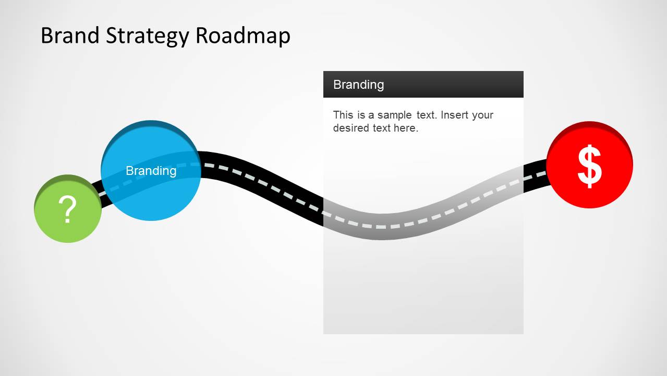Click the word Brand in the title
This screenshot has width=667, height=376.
[x=70, y=36]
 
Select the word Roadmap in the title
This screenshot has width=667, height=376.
[x=242, y=36]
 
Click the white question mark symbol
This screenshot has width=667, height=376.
[x=67, y=209]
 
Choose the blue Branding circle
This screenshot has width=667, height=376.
[x=151, y=193]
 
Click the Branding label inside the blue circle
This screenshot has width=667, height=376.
[x=151, y=171]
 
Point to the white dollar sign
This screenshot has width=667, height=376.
[x=590, y=166]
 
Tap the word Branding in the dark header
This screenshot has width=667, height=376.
[x=358, y=85]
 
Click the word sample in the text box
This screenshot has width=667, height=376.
[x=391, y=115]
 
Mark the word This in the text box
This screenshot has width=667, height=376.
[x=343, y=115]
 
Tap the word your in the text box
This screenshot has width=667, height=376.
[x=482, y=115]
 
